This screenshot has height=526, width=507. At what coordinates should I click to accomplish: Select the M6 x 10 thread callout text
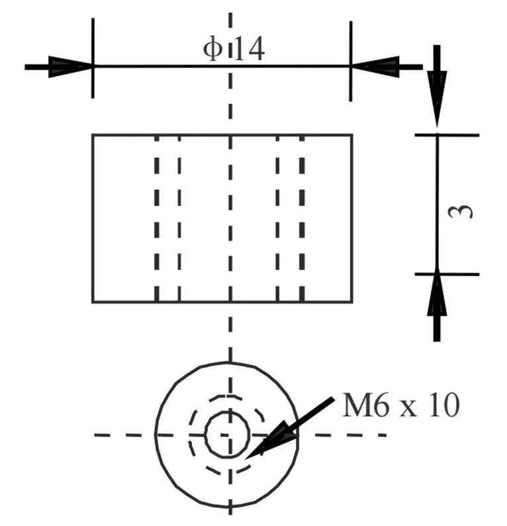[x=400, y=405]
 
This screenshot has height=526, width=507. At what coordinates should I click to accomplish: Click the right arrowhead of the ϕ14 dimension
[x=375, y=67]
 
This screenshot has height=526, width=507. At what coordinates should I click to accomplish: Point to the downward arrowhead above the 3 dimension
[x=437, y=99]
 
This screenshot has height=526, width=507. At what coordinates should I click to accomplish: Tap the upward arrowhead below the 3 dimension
[x=437, y=292]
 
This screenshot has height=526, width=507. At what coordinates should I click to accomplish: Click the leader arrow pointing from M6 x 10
[x=290, y=428]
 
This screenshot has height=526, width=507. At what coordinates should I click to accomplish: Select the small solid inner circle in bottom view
[x=227, y=435]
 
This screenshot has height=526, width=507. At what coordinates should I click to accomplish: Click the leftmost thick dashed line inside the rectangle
[x=157, y=218]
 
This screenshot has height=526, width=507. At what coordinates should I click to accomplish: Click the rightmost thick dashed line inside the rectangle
[x=302, y=218]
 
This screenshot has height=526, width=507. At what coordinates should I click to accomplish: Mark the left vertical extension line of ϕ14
[x=93, y=58]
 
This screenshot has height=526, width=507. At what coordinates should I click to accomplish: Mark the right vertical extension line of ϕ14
[x=351, y=61]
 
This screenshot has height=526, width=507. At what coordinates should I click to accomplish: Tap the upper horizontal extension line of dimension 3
[x=447, y=135]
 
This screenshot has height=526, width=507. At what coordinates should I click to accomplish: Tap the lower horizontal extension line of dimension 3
[x=447, y=275]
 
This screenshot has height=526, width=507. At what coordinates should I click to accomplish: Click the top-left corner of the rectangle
[x=93, y=135]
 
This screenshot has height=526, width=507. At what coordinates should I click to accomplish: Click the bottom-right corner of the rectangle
[x=352, y=302]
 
